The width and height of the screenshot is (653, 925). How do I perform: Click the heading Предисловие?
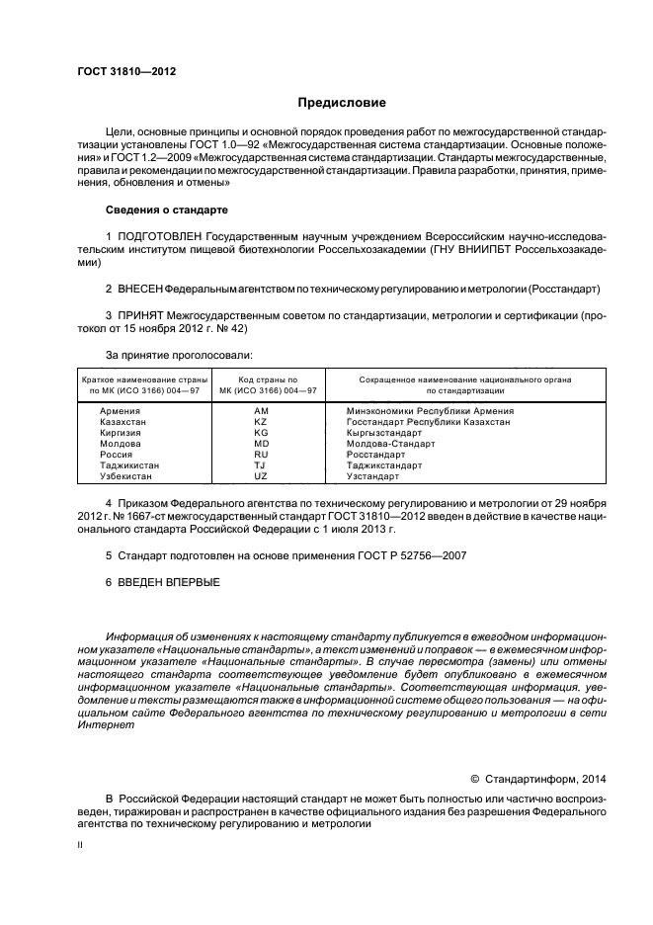tap(342, 103)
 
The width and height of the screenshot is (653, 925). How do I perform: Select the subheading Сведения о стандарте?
tap(166, 210)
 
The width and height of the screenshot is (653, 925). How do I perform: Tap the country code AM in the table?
tap(261, 410)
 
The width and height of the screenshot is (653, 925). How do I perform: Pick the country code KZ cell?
tap(261, 421)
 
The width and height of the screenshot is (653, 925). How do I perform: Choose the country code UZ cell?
tap(261, 475)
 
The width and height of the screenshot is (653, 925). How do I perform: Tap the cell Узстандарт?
tap(373, 475)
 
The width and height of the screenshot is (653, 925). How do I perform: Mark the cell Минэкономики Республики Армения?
tap(430, 410)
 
